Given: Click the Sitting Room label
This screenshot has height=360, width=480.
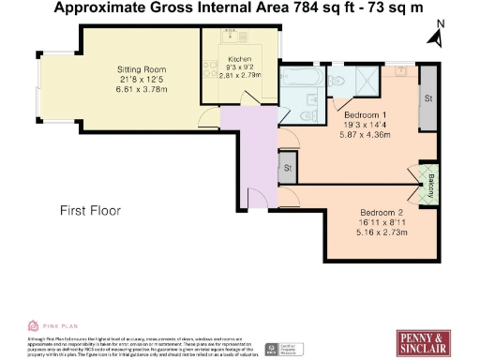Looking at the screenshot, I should click(x=142, y=68).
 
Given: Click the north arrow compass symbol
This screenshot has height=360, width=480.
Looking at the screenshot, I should click(x=435, y=36).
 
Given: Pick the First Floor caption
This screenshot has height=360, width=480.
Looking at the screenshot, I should click(x=90, y=210).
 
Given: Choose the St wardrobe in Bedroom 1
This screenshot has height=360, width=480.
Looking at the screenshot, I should click(x=429, y=97).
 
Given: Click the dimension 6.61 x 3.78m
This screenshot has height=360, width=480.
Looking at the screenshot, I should click(x=142, y=89).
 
